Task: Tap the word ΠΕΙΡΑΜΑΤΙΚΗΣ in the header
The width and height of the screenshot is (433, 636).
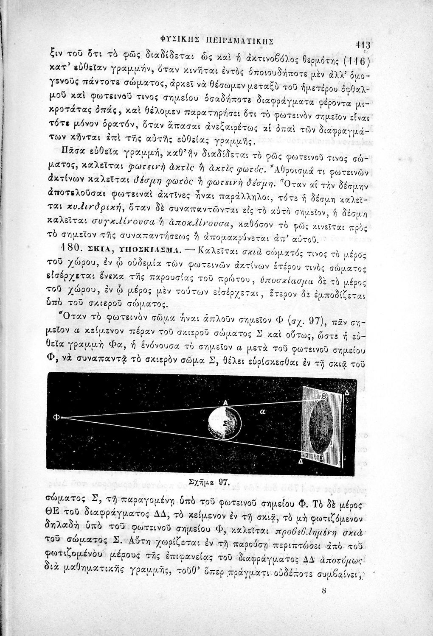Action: (x=240, y=41)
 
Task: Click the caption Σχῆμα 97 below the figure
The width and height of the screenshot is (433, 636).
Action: (x=208, y=482)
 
